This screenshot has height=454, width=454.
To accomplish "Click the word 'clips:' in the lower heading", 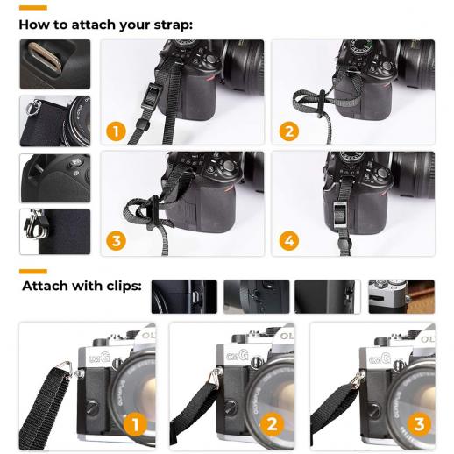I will point(118,286).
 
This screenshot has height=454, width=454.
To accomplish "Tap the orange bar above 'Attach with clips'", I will point(32,271).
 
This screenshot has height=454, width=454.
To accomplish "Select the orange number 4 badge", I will point(288,240).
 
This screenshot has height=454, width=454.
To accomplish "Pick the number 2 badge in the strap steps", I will point(288,131).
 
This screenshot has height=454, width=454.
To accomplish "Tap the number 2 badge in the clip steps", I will point(273,425).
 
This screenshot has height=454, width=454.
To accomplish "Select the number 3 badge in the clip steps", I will point(419,425).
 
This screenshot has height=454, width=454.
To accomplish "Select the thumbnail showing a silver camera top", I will point(401,296).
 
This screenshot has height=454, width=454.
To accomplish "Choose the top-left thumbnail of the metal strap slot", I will point(54,64).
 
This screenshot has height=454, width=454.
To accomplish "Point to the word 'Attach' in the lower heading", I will point(49,286).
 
